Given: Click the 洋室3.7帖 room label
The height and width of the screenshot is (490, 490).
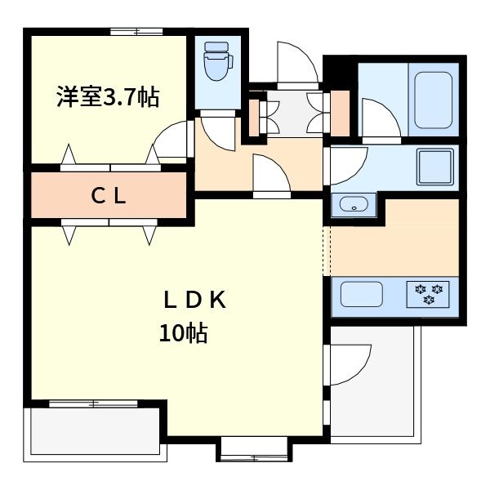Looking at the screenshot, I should pyautogui.click(x=107, y=97).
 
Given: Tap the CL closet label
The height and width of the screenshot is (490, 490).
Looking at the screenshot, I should pyautogui.click(x=108, y=195).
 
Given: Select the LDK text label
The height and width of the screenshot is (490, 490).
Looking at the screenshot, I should pyautogui.click(x=194, y=300).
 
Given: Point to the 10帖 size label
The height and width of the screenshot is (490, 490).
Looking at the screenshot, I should pyautogui.click(x=183, y=333).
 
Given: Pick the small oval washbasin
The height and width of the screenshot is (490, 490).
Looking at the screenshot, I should pyautogui.click(x=353, y=204).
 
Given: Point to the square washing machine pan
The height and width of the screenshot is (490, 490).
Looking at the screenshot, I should pyautogui.click(x=434, y=167).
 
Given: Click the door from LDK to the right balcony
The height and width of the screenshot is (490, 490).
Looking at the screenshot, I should pyautogui.click(x=350, y=363).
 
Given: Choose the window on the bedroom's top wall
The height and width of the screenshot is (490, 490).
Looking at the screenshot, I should pyautogui.click(x=136, y=32).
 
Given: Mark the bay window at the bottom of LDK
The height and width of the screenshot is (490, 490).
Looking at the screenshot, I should pyautogui.click(x=253, y=449).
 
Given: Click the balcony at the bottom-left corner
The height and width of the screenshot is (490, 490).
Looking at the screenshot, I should pyautogui.click(x=94, y=430).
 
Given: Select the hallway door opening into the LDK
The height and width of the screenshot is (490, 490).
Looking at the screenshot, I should pyautogui.click(x=269, y=177).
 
